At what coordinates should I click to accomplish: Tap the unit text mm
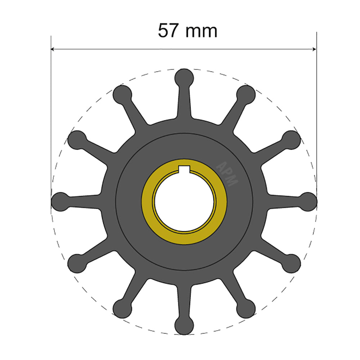coord(201,31)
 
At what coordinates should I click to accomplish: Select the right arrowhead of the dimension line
coord(314,49)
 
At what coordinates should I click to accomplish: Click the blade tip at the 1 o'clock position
coord(246,94)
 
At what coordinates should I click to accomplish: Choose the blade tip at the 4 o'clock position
coord(291,263)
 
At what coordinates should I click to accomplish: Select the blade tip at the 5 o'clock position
coord(246,309)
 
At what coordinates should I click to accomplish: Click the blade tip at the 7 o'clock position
coord(122,309)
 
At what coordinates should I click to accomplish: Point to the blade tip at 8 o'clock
coord(77,263)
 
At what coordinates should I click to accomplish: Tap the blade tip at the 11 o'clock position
coord(122,94)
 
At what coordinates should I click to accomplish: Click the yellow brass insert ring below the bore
coord(184,238)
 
